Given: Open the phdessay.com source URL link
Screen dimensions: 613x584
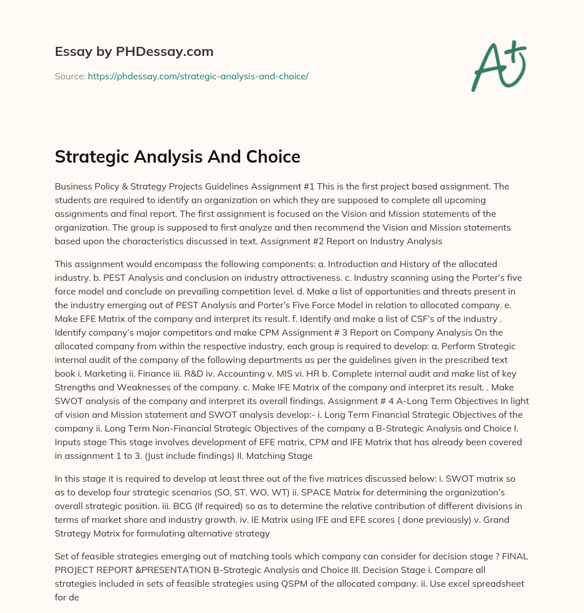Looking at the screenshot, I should [x=198, y=76].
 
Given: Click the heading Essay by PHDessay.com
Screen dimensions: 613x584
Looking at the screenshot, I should [x=134, y=51].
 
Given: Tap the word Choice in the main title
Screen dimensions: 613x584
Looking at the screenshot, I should [x=272, y=156].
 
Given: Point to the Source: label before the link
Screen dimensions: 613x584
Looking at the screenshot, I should [x=70, y=76].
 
